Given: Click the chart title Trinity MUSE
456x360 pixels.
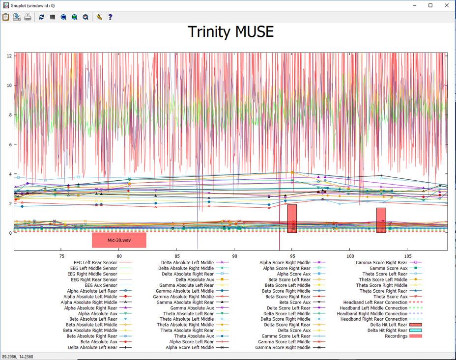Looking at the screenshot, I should [x=230, y=32].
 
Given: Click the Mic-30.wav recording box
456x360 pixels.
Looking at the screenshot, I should [x=119, y=240].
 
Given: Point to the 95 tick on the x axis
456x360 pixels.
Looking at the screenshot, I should [x=292, y=256].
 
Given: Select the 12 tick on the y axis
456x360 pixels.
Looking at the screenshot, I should [x=9, y=55].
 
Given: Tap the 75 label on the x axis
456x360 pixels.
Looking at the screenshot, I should [x=61, y=256].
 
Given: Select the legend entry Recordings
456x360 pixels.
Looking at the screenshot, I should [x=396, y=336].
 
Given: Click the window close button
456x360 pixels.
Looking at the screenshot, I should [x=445, y=5].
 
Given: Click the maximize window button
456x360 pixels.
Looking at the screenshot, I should [x=430, y=5].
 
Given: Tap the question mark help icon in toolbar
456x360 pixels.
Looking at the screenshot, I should [x=110, y=17].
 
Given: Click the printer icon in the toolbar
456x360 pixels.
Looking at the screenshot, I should [x=28, y=17].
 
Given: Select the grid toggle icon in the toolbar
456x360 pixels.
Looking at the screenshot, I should [x=52, y=17].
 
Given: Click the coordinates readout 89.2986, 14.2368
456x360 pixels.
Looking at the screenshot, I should [x=17, y=356].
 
